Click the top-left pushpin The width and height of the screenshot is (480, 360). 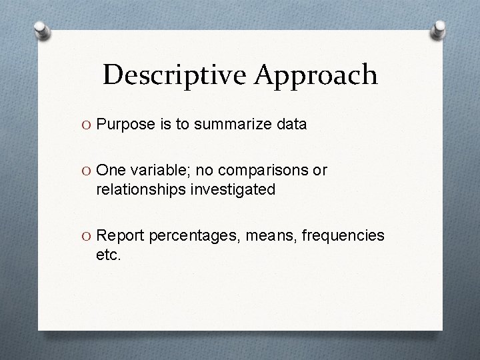(41, 32)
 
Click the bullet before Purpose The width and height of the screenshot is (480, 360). (87, 125)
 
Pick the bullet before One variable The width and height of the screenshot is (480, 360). (87, 171)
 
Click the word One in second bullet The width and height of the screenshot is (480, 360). (110, 171)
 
